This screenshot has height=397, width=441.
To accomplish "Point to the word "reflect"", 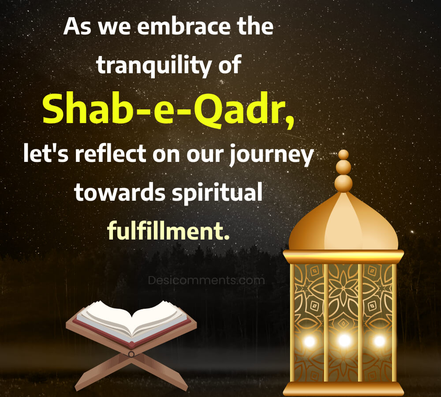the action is [x=111, y=154].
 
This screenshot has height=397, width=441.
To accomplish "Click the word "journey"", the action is [x=271, y=156].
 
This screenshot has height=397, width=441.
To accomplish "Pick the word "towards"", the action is [x=119, y=192].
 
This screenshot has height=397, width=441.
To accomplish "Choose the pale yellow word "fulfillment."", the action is [x=168, y=230].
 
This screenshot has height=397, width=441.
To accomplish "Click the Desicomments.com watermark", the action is [x=206, y=280].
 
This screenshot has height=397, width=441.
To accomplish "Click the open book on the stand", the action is [x=131, y=322].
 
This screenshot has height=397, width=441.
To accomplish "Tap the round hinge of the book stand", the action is [x=131, y=354].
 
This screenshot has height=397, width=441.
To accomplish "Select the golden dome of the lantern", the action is [x=344, y=222].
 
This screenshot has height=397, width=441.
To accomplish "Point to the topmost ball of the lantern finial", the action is [x=344, y=155].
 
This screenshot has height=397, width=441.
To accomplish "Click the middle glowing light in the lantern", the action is [x=344, y=341].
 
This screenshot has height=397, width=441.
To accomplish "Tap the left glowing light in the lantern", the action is [x=310, y=341].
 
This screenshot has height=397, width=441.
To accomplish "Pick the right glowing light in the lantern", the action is [x=379, y=341].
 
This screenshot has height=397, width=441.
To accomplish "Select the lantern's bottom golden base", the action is [x=344, y=389].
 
